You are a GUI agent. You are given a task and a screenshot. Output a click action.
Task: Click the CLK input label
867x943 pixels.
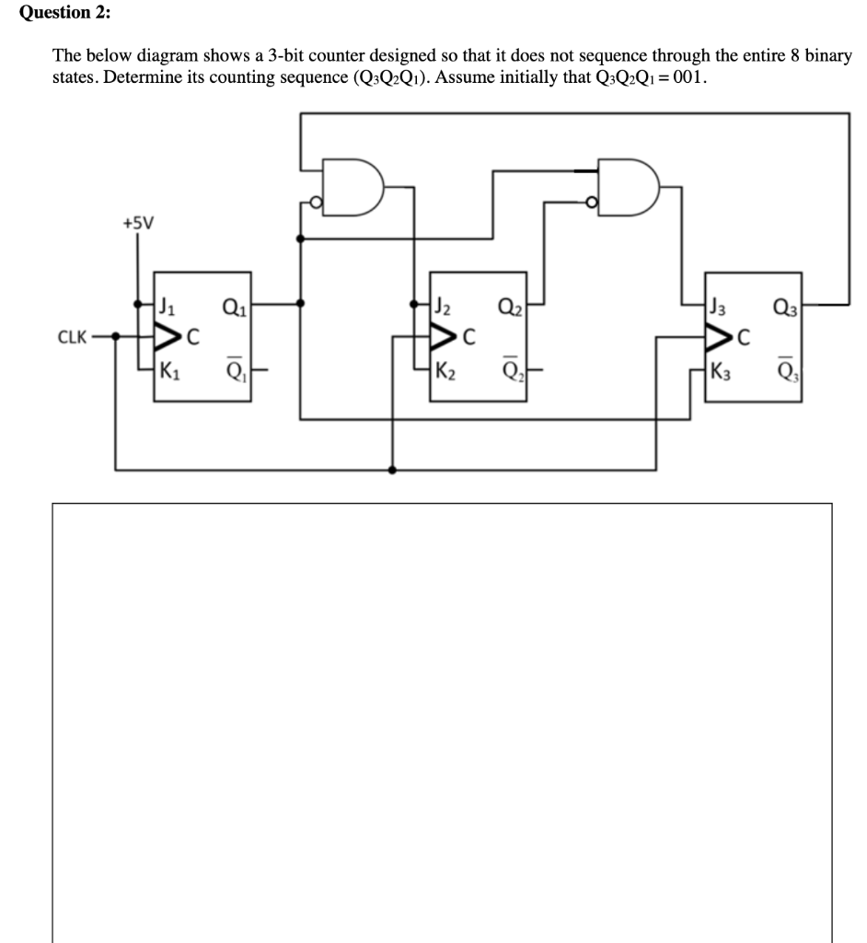(x=74, y=337)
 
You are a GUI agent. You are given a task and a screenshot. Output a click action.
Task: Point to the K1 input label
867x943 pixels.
(x=169, y=373)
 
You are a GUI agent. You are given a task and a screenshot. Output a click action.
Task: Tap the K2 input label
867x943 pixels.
(x=445, y=373)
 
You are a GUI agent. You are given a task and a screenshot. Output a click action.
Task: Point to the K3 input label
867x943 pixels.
(x=720, y=373)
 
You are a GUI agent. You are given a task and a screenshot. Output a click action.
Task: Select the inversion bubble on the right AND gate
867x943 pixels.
(x=592, y=203)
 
